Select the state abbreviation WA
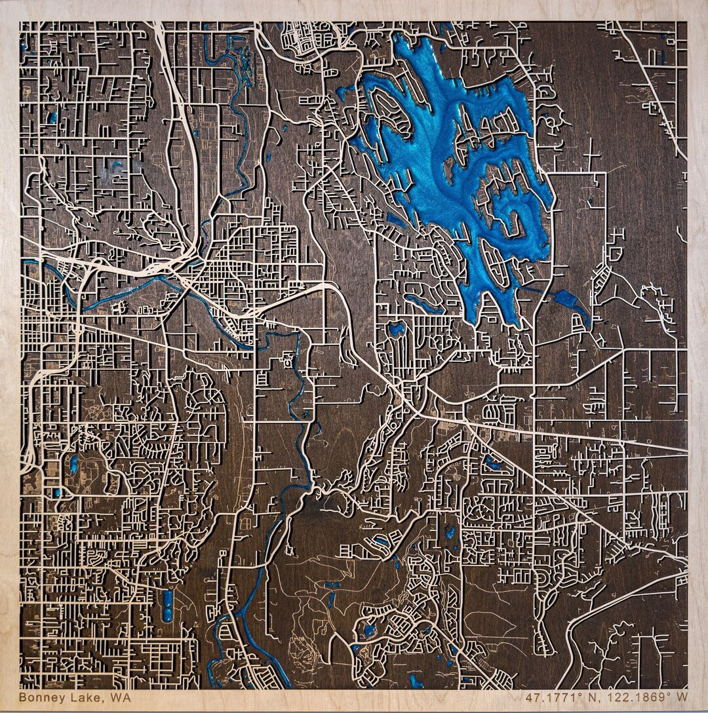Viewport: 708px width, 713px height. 121,697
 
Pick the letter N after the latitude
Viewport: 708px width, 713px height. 590,698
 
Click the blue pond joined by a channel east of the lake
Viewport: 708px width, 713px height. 568,301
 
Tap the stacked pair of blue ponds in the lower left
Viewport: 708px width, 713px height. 167,604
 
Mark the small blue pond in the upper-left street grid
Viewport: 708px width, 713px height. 51,118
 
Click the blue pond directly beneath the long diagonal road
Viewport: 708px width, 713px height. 492,464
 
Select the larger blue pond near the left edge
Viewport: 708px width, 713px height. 73,465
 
